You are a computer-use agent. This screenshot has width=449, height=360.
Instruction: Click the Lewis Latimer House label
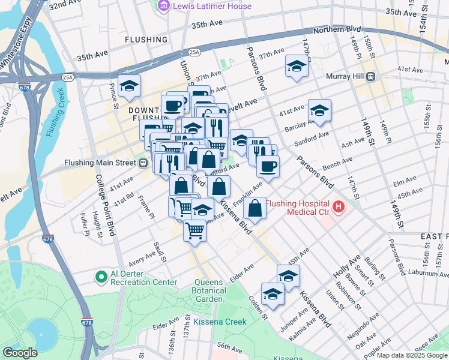(212, 6)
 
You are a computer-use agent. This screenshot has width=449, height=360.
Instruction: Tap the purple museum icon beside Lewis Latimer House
(163, 6)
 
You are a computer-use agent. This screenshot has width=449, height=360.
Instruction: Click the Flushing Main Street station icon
(143, 163)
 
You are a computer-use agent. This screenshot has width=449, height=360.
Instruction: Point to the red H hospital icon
(339, 207)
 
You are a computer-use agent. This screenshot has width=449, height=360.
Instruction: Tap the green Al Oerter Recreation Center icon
(101, 277)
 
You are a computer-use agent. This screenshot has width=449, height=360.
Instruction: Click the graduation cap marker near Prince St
(129, 86)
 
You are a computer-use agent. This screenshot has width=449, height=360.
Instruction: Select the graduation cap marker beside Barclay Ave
(319, 111)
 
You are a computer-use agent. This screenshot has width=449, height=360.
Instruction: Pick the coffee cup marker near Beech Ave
(268, 167)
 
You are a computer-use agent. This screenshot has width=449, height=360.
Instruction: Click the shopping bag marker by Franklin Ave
(255, 209)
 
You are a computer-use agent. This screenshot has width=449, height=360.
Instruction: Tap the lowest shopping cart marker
(194, 230)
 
